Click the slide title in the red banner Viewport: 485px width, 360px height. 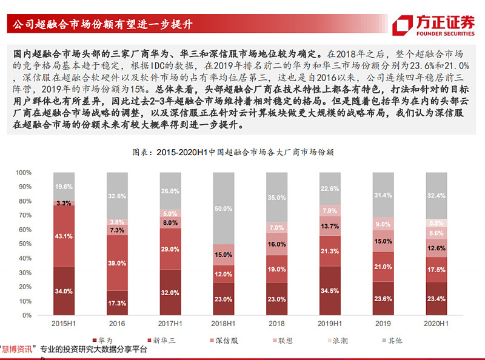(x=99, y=25)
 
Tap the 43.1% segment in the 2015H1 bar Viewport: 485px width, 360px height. (x=64, y=235)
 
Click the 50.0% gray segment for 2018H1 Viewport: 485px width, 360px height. (x=223, y=208)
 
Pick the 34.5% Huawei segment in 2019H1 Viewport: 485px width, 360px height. (x=329, y=292)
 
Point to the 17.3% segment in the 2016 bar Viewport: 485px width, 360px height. (x=116, y=301)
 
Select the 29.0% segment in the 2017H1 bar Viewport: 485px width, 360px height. (x=170, y=249)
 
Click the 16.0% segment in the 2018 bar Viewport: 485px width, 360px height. (x=276, y=244)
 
